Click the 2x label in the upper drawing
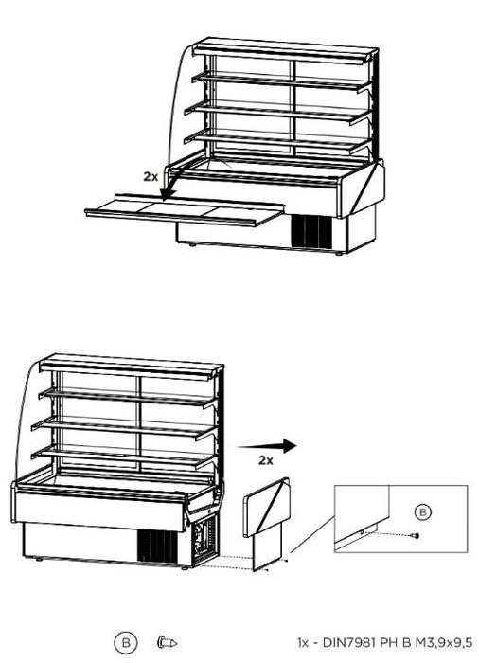(151, 177)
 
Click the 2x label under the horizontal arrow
(266, 460)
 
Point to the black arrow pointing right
(267, 446)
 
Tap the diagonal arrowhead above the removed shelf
(169, 193)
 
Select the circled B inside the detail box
(422, 512)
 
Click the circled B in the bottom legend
(126, 643)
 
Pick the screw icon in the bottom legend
(167, 642)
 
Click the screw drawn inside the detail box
(416, 536)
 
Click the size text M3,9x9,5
(443, 643)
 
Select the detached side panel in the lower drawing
(267, 524)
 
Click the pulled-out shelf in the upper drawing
(185, 210)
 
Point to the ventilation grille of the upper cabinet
(311, 231)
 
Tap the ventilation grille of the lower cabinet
(157, 546)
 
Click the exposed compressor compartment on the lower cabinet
(205, 541)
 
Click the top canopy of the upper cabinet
(284, 51)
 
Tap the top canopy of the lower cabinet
(131, 367)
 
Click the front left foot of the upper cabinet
(192, 244)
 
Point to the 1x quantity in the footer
(303, 643)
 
